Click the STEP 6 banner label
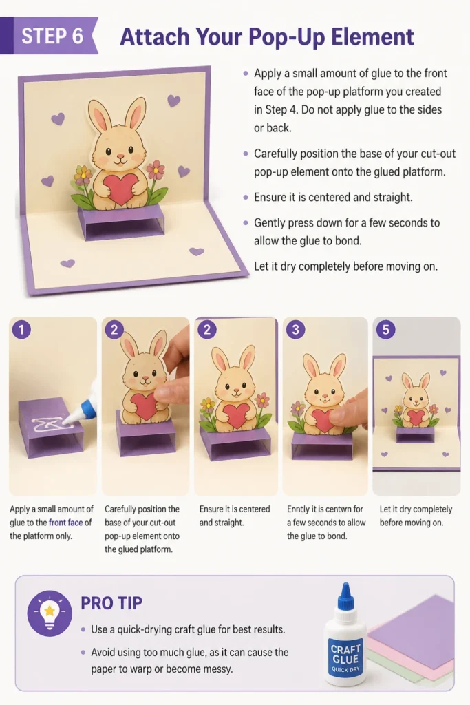click(52, 36)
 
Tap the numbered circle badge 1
click(21, 330)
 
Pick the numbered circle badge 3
click(295, 330)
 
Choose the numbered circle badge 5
click(385, 330)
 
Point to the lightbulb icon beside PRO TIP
click(50, 613)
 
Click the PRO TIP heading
click(111, 603)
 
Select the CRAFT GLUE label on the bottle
click(345, 654)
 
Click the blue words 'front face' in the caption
click(65, 523)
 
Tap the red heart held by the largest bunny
click(120, 189)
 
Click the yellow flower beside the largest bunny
click(82, 173)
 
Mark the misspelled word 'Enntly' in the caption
click(299, 509)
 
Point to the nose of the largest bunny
click(120, 156)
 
